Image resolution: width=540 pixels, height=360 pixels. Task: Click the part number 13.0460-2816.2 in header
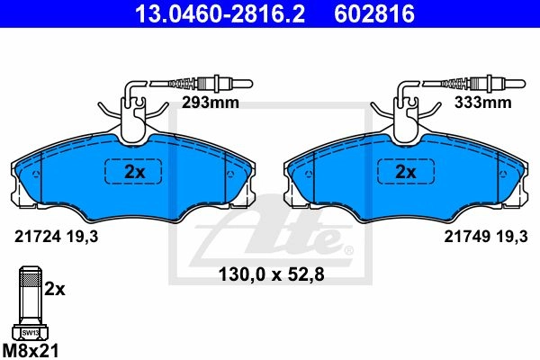[x=220, y=13]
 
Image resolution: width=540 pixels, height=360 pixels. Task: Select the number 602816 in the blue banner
[x=374, y=13]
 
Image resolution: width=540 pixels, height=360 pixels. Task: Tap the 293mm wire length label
[x=210, y=103]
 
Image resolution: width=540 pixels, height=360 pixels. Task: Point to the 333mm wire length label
[x=482, y=103]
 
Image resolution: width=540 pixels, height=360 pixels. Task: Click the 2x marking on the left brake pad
[x=135, y=172]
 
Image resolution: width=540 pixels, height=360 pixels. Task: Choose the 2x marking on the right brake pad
[x=406, y=172]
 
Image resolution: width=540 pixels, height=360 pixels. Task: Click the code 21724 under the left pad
[x=38, y=237]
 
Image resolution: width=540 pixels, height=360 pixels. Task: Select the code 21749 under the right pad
[x=467, y=237]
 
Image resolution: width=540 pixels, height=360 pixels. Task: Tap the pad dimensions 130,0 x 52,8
[x=272, y=274]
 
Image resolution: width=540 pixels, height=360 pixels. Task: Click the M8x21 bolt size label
[x=31, y=351]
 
